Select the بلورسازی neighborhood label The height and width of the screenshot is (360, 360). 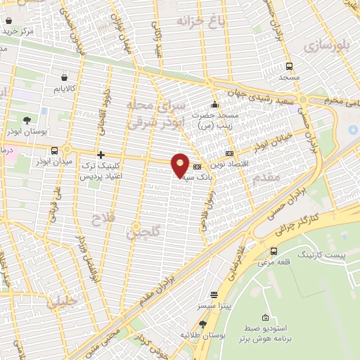pyautogui.click(x=324, y=46)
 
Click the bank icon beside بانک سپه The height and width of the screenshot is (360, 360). pyautogui.click(x=197, y=167)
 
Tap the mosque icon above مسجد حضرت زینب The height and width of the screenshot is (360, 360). pyautogui.click(x=224, y=105)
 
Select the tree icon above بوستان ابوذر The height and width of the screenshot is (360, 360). pyautogui.click(x=27, y=120)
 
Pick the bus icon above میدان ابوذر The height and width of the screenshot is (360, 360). pyautogui.click(x=55, y=150)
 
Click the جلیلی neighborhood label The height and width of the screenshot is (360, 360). pyautogui.click(x=63, y=304)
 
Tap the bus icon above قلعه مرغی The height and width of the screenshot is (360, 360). pyautogui.click(x=274, y=251)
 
